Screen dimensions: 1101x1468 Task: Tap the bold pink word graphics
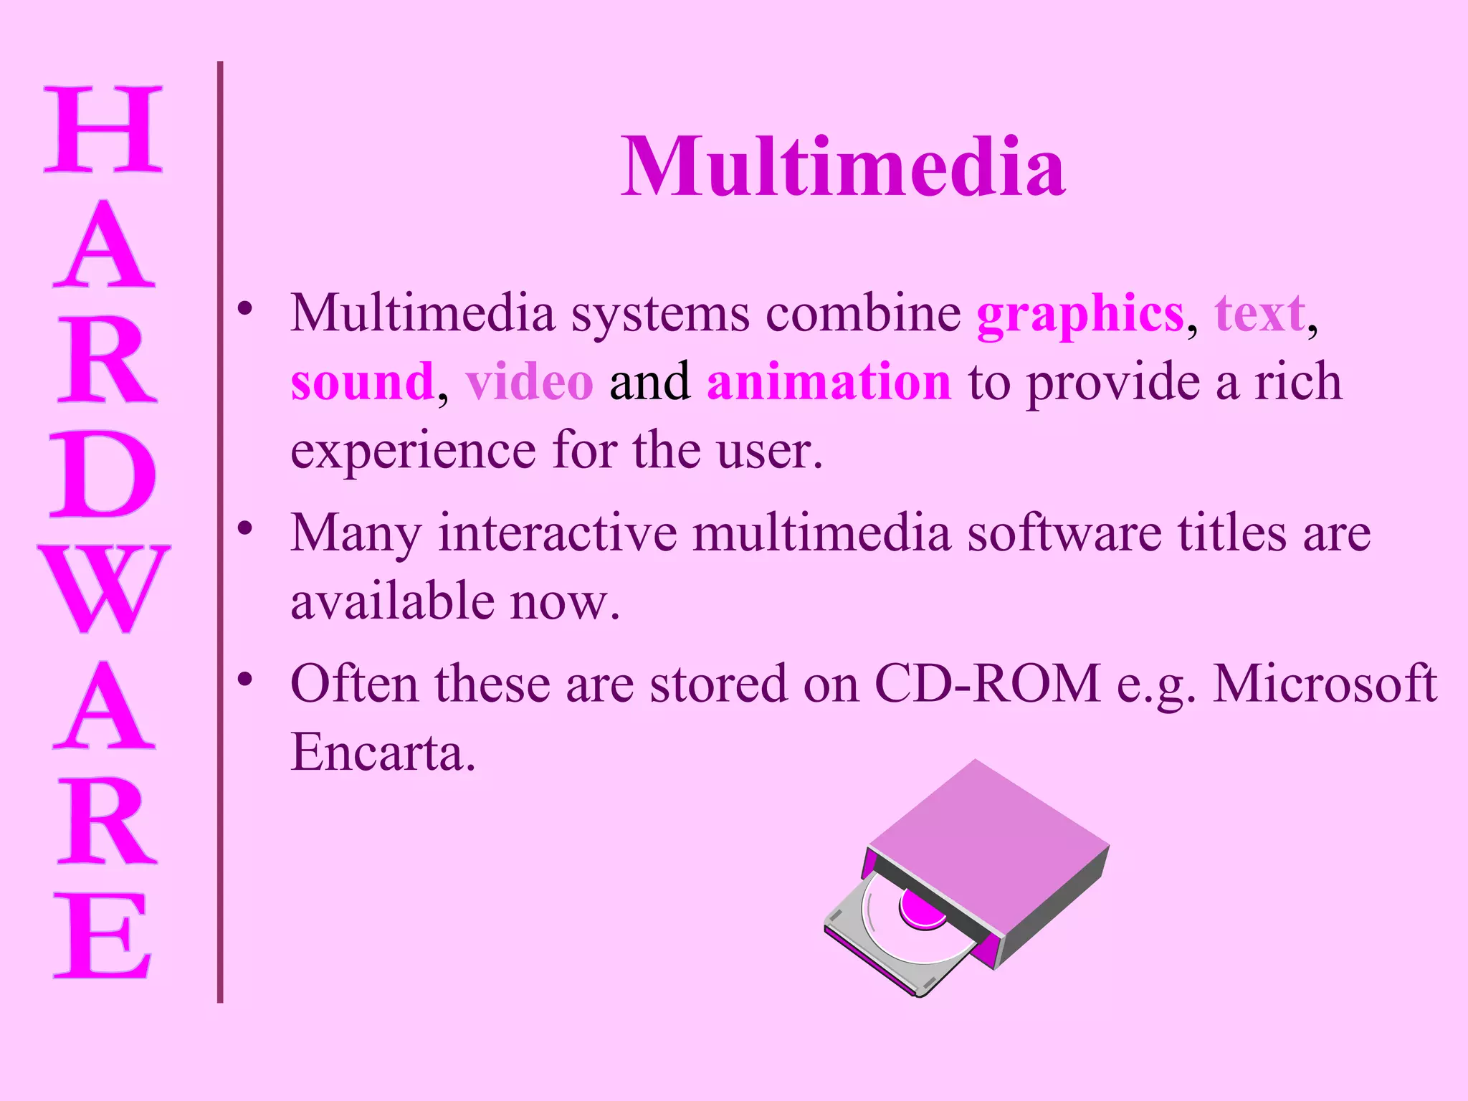[x=1079, y=315]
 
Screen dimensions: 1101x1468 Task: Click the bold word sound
[x=362, y=382]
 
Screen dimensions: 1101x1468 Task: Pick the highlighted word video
[x=529, y=382]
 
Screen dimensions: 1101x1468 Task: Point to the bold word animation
[x=829, y=382]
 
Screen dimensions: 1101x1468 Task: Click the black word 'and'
[x=649, y=382]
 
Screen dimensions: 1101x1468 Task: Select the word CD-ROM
[x=988, y=684]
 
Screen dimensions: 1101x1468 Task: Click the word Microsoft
[x=1325, y=684]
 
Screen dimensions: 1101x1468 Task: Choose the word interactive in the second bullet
[x=558, y=534]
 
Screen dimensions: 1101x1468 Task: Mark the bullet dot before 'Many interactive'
[x=246, y=528]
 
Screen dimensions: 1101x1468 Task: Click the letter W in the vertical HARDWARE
[x=103, y=588]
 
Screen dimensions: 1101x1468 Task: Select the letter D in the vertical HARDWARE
[x=103, y=474]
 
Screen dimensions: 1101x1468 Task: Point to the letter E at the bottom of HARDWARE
[x=103, y=935]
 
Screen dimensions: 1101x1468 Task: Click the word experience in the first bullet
[x=413, y=452]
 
